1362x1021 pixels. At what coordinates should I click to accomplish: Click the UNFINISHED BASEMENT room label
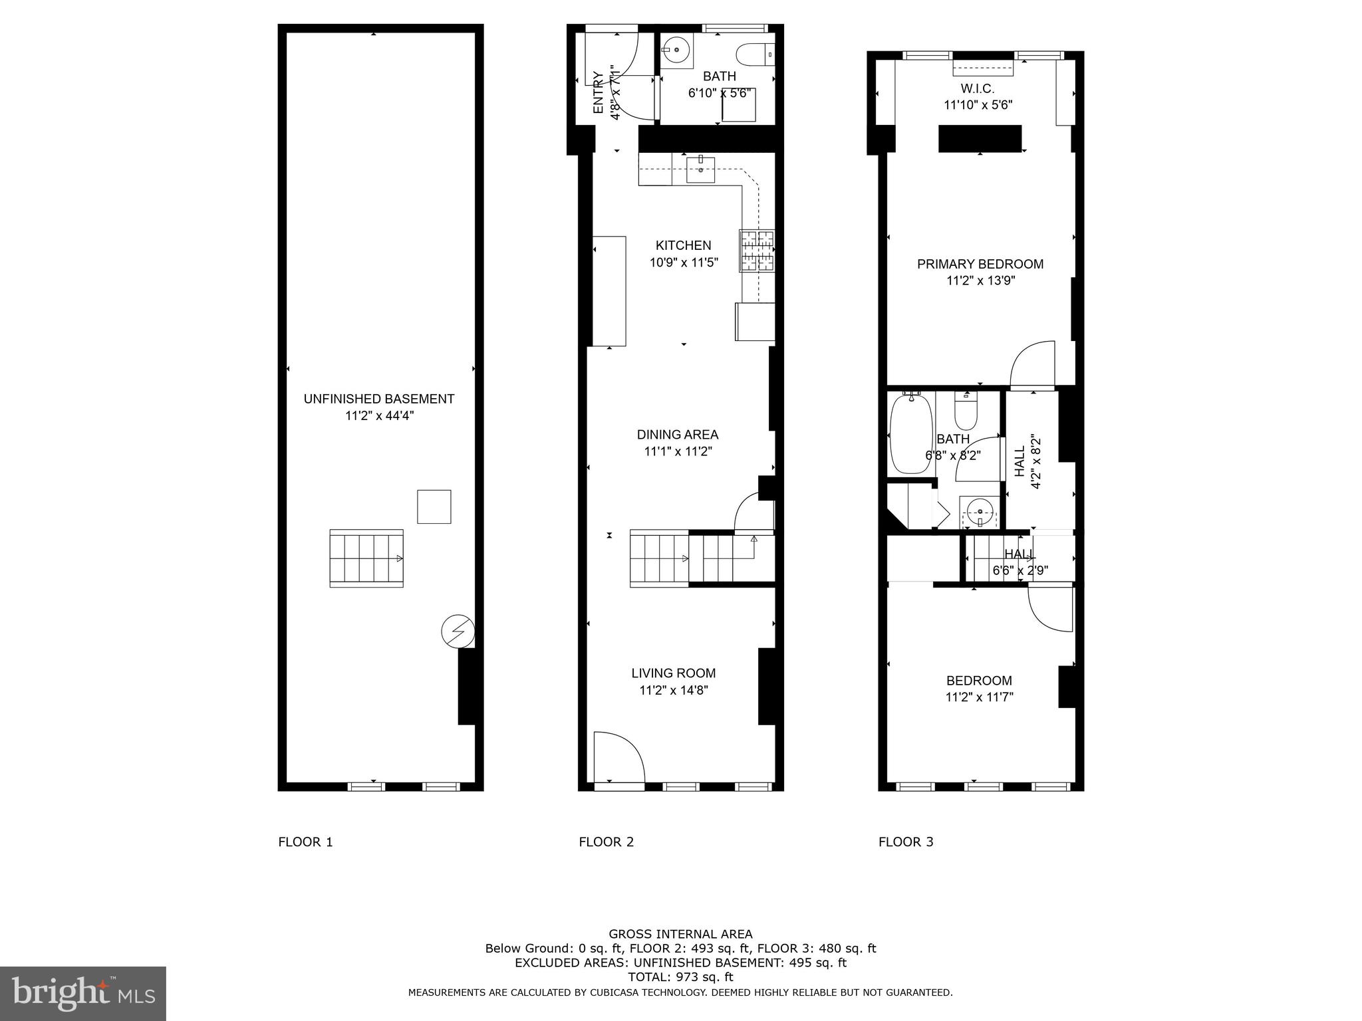point(378,399)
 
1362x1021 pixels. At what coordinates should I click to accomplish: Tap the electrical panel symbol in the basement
point(458,631)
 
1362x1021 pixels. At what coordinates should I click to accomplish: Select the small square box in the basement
point(434,507)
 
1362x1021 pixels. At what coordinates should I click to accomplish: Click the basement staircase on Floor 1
point(366,558)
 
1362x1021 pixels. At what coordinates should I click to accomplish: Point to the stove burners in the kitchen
point(756,251)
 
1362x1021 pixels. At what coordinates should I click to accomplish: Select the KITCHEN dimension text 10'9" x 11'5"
point(684,263)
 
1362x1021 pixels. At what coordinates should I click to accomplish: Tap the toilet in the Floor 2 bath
point(755,53)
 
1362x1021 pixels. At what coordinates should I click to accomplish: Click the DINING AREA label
point(677,435)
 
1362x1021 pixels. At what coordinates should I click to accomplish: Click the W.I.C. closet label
point(977,88)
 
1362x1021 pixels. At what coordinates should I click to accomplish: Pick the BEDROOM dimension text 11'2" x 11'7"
point(979,697)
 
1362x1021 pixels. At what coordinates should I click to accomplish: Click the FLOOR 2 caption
point(606,842)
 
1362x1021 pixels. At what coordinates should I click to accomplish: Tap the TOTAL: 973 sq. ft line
point(680,977)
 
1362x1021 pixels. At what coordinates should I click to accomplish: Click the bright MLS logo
point(82,994)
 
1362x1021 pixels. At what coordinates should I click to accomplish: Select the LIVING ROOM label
point(673,673)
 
